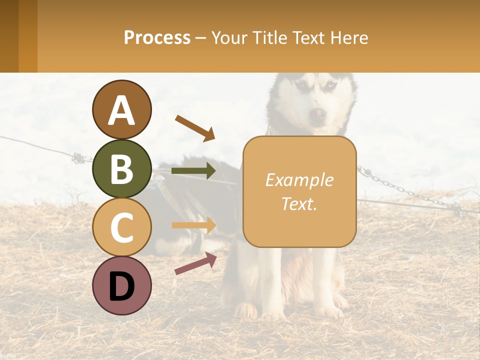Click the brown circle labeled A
point(122,109)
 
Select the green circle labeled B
point(122,168)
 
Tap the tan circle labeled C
point(122,227)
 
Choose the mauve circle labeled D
point(122,285)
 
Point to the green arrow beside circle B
point(193,171)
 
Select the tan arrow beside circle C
point(193,225)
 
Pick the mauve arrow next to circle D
point(195,263)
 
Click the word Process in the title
point(157,37)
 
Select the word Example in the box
point(299,180)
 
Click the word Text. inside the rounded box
point(299,203)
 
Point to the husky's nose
point(318,114)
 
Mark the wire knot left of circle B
point(79,158)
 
